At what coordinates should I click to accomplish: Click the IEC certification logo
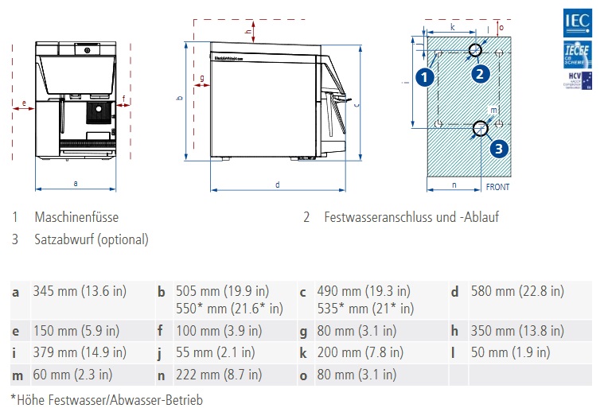[576, 21]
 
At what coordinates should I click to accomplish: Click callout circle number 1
[425, 77]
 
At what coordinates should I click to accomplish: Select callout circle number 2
[479, 74]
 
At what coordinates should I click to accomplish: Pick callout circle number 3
[497, 148]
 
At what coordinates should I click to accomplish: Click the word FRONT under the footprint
[497, 189]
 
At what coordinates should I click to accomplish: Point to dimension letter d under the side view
[277, 185]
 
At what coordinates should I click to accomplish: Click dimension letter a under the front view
[76, 183]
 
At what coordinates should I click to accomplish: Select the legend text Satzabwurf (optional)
[91, 239]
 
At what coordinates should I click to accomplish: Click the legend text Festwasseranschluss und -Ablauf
[411, 217]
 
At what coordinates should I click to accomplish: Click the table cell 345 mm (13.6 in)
[80, 291]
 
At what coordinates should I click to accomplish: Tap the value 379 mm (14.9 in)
[80, 352]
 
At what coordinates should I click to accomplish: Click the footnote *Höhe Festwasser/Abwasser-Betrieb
[107, 400]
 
